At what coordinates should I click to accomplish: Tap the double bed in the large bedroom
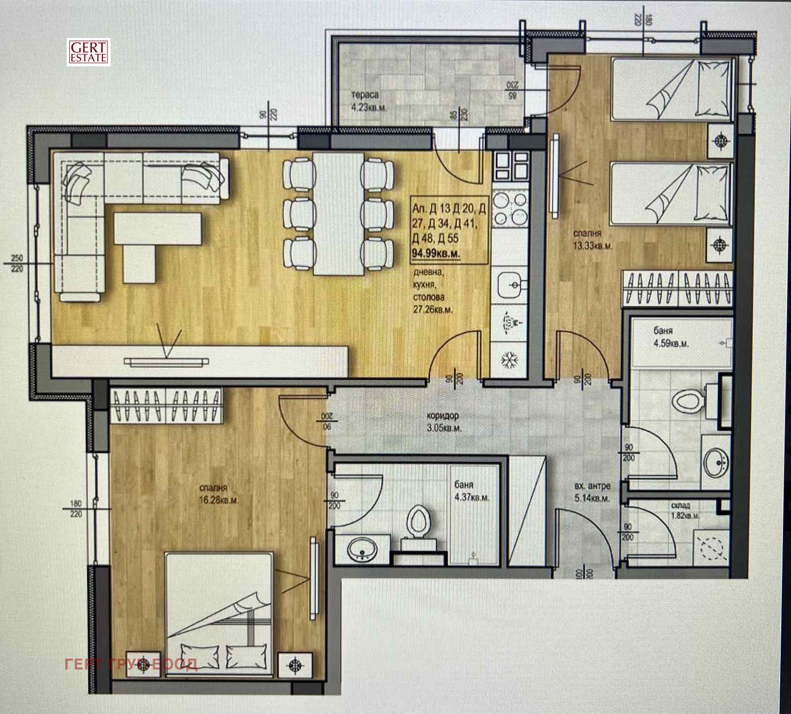219,613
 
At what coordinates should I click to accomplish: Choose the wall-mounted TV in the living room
165,362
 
